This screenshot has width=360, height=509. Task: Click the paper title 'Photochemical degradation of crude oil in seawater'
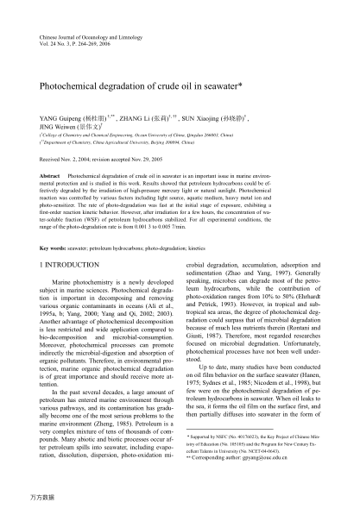coord(147,88)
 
